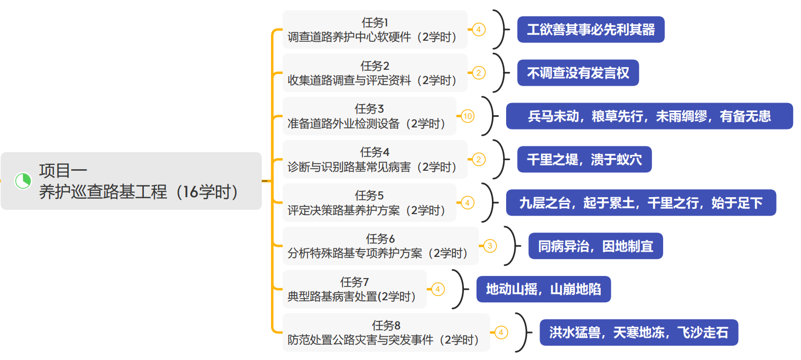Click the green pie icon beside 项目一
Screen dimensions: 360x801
tap(23, 181)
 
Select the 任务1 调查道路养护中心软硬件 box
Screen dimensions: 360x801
tap(375, 30)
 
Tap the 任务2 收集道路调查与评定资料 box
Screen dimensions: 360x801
tap(375, 73)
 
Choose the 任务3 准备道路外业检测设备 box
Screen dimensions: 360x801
tap(369, 116)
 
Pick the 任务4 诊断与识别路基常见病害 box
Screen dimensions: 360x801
tap(375, 160)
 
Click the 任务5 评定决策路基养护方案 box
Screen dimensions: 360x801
tap(369, 203)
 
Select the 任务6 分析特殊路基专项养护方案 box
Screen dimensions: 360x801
tap(380, 246)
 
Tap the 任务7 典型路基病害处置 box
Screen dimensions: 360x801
tap(354, 290)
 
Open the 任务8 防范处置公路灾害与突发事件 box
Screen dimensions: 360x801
tap(386, 333)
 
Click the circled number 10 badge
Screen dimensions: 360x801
tap(468, 116)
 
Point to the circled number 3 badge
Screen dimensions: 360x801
tap(490, 246)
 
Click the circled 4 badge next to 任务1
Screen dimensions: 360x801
tap(478, 29)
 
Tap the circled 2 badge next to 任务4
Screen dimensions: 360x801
tap(478, 159)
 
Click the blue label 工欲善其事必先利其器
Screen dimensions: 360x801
tap(590, 30)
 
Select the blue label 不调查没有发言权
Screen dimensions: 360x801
tap(578, 73)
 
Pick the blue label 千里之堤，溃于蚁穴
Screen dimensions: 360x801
tap(584, 160)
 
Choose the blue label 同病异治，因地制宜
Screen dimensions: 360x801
tap(595, 246)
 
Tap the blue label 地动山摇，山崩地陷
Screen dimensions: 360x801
tap(543, 290)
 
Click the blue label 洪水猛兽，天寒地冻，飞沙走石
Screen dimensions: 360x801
tap(638, 333)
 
